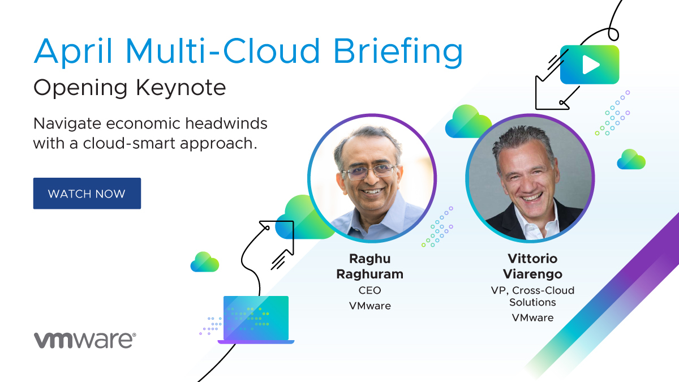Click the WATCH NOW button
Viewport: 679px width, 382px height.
pos(87,194)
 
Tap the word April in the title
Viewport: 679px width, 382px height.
pos(74,51)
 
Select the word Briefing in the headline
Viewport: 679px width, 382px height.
pos(398,51)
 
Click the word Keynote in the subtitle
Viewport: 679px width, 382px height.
pos(181,88)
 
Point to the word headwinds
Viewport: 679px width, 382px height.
pos(226,123)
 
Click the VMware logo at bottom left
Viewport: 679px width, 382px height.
pos(85,340)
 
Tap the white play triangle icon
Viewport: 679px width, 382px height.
pos(591,65)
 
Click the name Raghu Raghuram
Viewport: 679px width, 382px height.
pos(370,266)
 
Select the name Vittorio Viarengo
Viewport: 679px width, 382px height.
pos(532,266)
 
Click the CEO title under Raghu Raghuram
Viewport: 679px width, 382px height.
pos(370,290)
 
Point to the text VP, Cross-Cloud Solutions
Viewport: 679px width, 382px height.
pos(532,296)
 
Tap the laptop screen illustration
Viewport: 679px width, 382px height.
pos(256,317)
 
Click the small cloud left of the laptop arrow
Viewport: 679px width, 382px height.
pos(205,262)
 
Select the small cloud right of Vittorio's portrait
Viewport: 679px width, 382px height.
pos(631,159)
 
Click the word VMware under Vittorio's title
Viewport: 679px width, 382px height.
pos(532,317)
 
